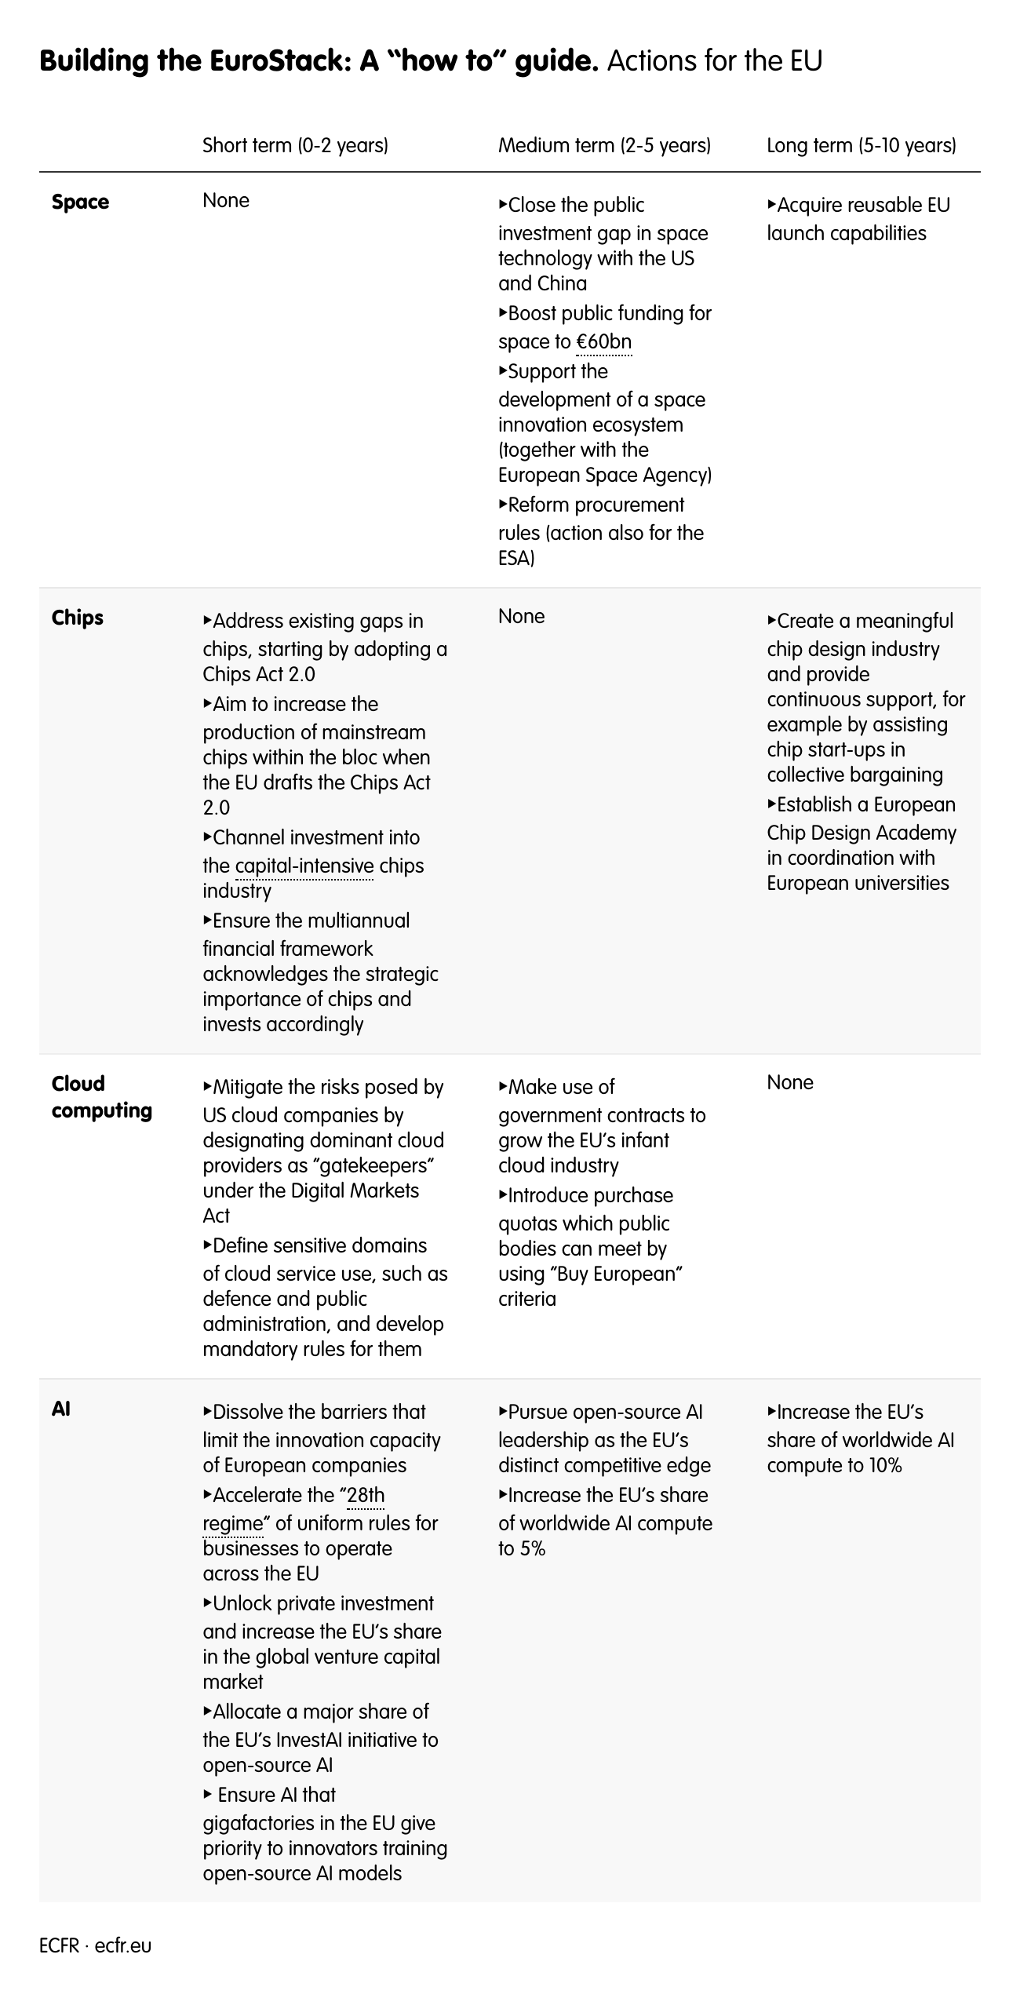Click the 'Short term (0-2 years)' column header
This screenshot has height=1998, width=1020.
[295, 146]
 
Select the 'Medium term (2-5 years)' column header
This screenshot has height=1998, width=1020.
[604, 146]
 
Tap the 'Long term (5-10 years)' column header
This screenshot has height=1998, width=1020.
[861, 146]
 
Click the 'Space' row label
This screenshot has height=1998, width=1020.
[80, 202]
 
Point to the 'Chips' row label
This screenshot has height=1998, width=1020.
[78, 618]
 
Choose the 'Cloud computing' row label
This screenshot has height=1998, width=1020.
[101, 1097]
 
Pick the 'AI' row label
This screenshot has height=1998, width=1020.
[61, 1409]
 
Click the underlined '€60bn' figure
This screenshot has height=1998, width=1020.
[603, 342]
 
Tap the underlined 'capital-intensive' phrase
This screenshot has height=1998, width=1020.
[304, 866]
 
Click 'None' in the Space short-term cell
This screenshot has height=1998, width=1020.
[226, 201]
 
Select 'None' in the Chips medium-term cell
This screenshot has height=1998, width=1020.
[521, 617]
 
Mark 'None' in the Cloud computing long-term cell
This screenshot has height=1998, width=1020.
[789, 1083]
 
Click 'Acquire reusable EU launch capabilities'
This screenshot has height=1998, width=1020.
[858, 219]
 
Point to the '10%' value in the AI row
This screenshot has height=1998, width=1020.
[884, 1465]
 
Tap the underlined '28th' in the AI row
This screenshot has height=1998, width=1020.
[366, 1495]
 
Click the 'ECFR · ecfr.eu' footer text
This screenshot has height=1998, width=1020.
[95, 1945]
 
